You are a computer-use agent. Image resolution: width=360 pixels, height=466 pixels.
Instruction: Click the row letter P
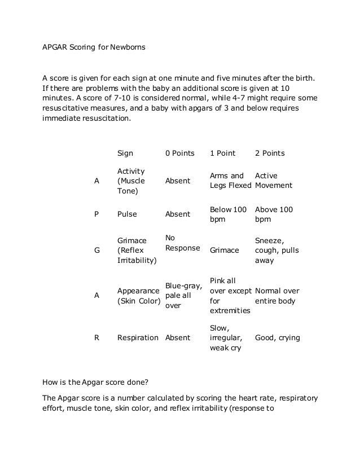tap(96, 214)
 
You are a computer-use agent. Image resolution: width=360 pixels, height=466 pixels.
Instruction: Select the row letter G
tap(96, 250)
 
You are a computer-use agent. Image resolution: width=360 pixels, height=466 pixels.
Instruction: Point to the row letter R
tap(96, 338)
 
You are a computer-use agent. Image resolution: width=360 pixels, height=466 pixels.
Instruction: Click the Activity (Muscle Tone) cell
tap(131, 181)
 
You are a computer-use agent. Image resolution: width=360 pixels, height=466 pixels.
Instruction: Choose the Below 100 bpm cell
tap(228, 214)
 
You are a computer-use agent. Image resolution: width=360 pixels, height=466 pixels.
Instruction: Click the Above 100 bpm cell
tap(274, 214)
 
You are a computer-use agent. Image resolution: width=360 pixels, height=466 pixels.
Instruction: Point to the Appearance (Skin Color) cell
tap(138, 296)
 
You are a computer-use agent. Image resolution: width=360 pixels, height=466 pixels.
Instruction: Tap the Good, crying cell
tap(278, 338)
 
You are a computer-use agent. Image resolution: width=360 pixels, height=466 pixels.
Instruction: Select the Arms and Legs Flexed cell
tap(230, 181)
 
